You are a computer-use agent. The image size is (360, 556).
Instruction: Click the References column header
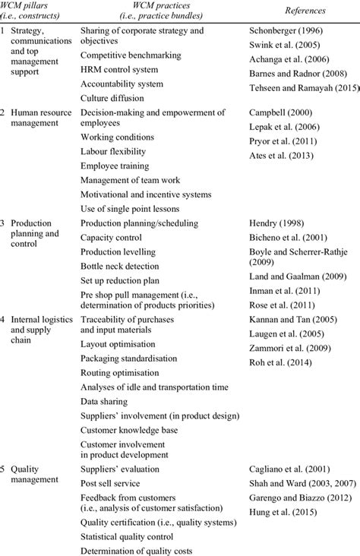301,11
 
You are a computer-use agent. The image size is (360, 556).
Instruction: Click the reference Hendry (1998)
273,223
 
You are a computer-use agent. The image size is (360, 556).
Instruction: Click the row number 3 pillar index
5,223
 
